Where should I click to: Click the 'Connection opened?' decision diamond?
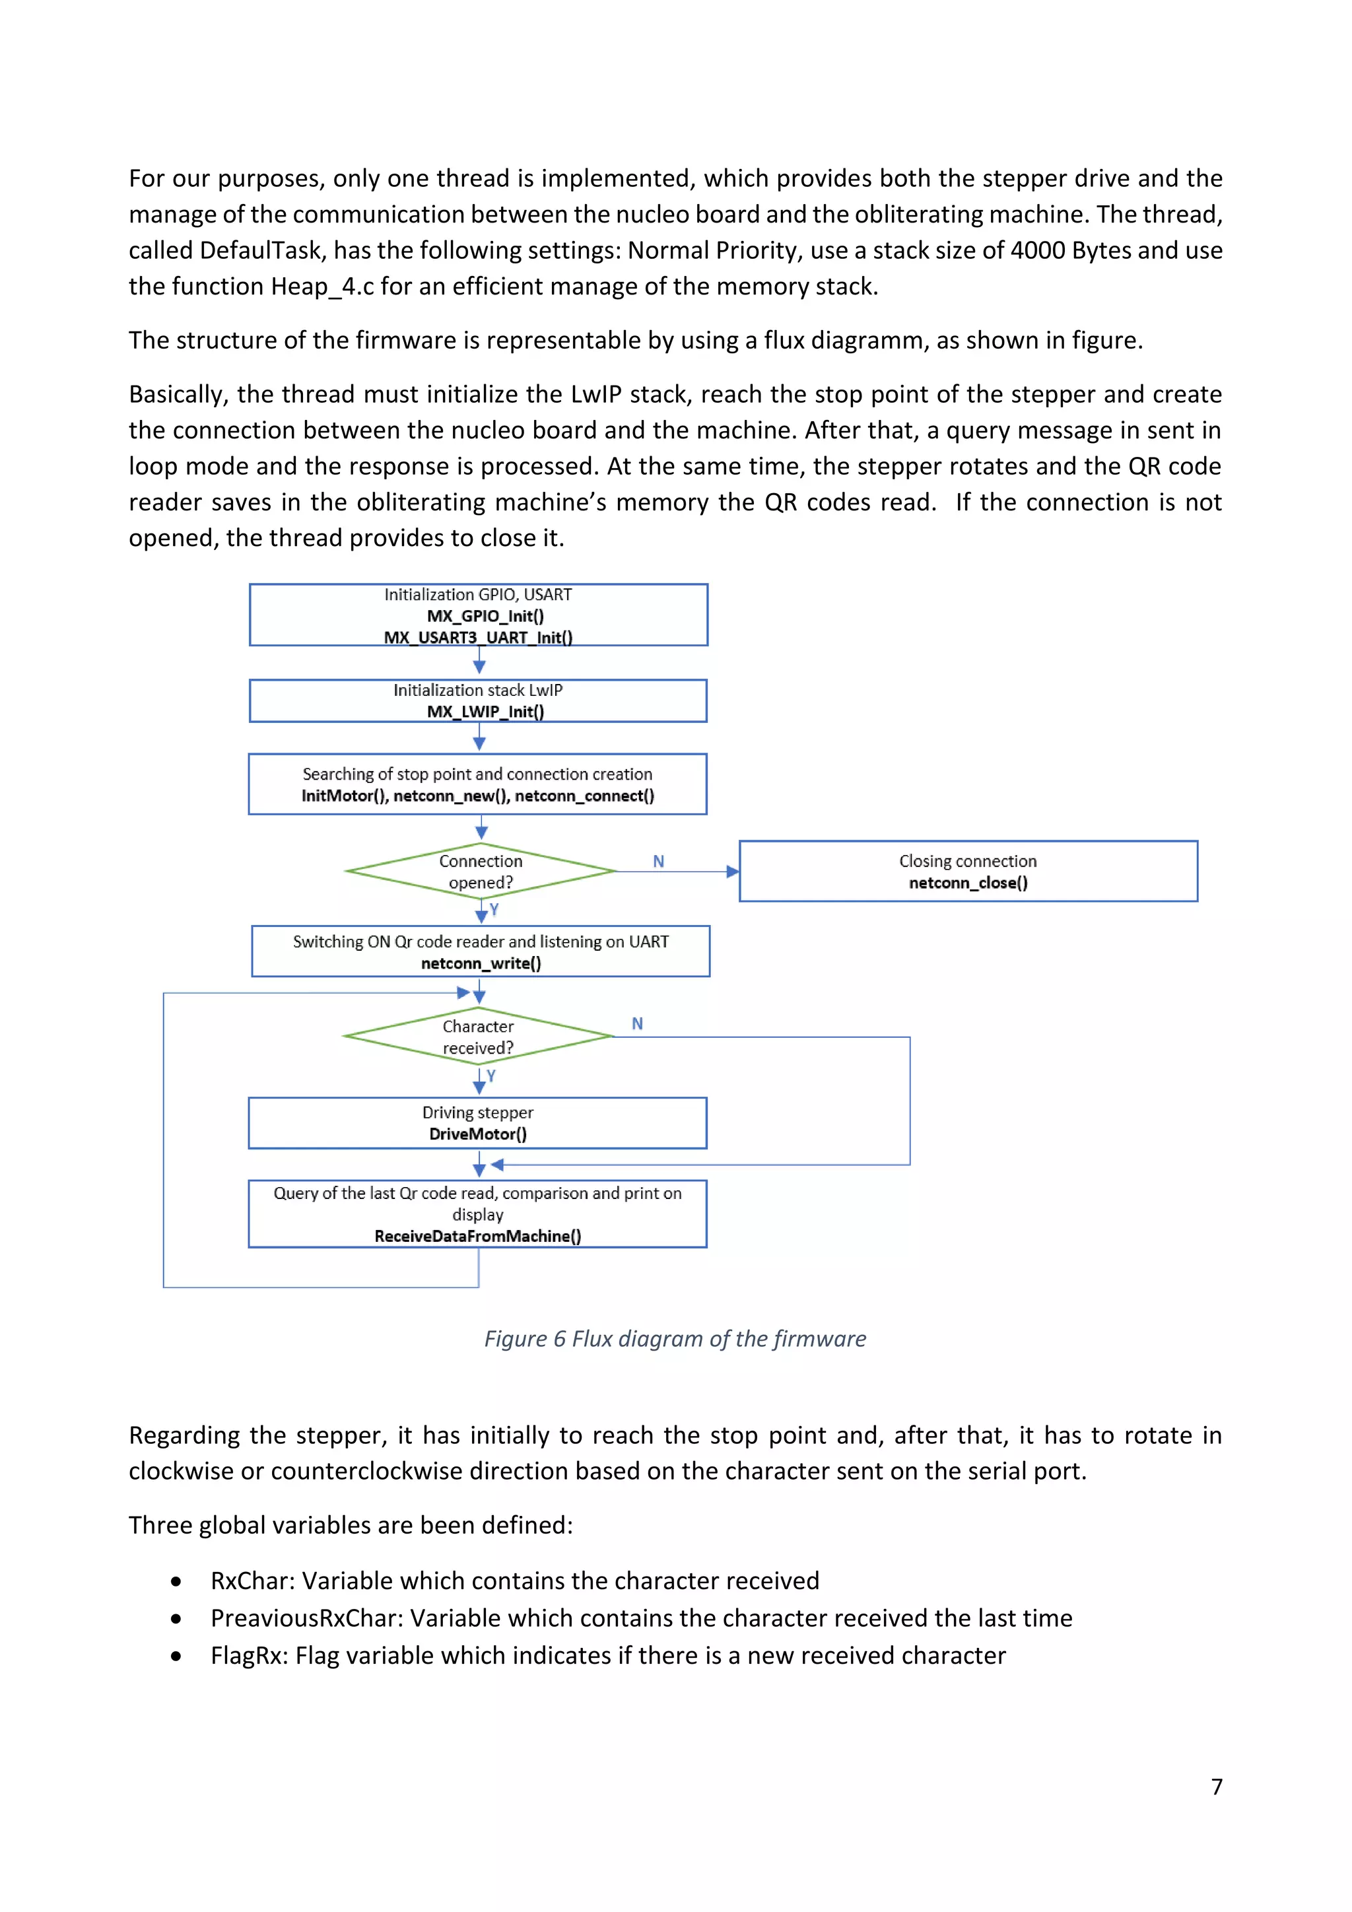[x=481, y=871]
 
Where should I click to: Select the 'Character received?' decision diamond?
[x=478, y=1037]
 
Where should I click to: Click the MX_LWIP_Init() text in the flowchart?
[x=485, y=711]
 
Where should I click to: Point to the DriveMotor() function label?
[x=478, y=1134]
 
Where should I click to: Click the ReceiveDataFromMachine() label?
[x=478, y=1236]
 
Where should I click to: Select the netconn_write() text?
[x=481, y=963]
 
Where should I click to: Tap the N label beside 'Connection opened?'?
[x=659, y=861]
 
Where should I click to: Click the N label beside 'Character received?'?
[x=637, y=1023]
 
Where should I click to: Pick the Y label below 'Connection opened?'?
[x=494, y=908]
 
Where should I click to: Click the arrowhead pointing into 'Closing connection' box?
[x=733, y=872]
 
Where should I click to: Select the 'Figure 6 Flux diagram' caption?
[x=675, y=1338]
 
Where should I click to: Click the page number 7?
[x=1216, y=1787]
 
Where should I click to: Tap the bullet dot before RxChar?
[x=176, y=1581]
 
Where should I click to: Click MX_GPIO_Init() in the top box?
[x=485, y=616]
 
